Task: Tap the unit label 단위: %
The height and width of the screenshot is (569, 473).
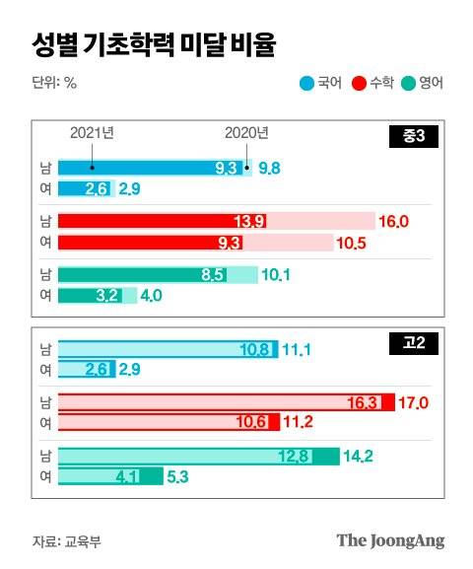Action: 54,83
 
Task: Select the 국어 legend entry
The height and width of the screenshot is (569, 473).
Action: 321,83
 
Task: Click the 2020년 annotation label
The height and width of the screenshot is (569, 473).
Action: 246,133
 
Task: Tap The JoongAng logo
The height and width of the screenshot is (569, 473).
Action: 390,540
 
